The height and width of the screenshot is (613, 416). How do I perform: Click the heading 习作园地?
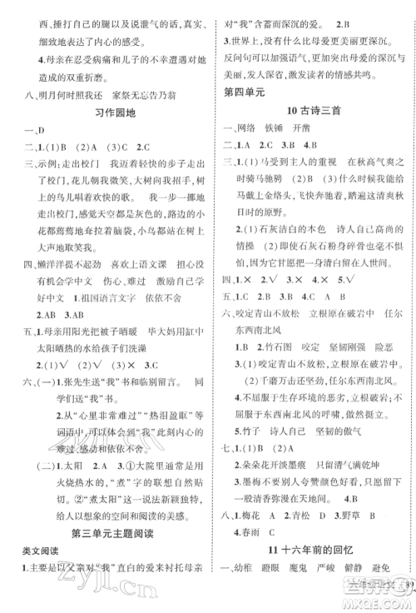point(104,112)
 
